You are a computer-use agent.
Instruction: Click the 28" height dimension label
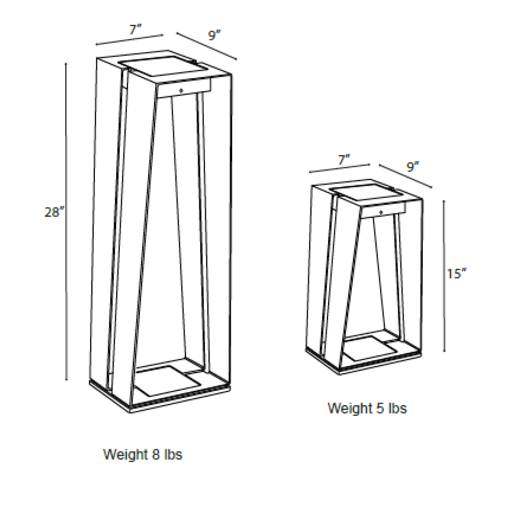click(x=54, y=212)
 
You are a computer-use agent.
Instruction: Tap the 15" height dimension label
click(x=457, y=274)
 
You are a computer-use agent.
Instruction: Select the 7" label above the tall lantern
click(x=136, y=30)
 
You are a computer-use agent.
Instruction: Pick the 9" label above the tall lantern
click(x=214, y=35)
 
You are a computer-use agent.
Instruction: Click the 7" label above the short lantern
click(x=344, y=160)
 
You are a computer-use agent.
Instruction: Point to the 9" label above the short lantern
click(x=413, y=167)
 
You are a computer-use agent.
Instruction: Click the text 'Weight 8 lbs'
click(x=142, y=454)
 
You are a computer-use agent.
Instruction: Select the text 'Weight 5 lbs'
click(x=367, y=408)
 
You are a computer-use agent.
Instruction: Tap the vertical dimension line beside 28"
click(x=66, y=222)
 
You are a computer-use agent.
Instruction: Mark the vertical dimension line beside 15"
click(x=444, y=276)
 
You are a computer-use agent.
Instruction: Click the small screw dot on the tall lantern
click(x=181, y=91)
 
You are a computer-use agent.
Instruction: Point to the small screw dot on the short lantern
click(x=382, y=212)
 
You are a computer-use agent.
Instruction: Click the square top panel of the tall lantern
click(x=163, y=66)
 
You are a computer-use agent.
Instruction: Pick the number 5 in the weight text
click(x=380, y=408)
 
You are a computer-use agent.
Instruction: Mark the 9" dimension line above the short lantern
click(x=406, y=176)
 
